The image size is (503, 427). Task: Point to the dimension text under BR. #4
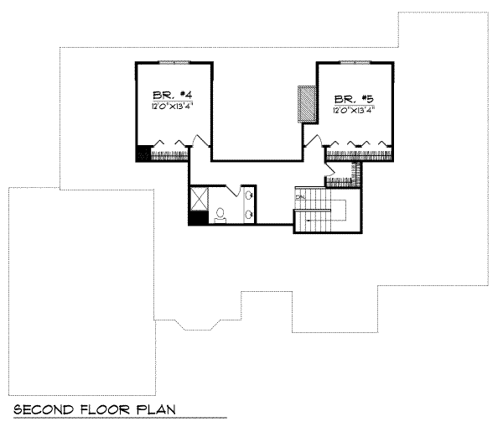pos(174,106)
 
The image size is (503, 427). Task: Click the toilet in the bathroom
pos(220,215)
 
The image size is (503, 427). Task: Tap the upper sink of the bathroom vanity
pos(249,196)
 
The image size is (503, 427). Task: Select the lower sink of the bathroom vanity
pos(249,214)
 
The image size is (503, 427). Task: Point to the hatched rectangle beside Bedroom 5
pos(308,106)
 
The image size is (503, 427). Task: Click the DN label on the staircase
pos(299,197)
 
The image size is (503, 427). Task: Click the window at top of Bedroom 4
pos(174,63)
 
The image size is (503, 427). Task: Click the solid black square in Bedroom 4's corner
pos(143,153)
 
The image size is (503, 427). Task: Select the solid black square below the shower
pos(197,218)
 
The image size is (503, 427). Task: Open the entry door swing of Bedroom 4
pos(200,140)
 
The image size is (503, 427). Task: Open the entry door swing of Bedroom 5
pos(314,139)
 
